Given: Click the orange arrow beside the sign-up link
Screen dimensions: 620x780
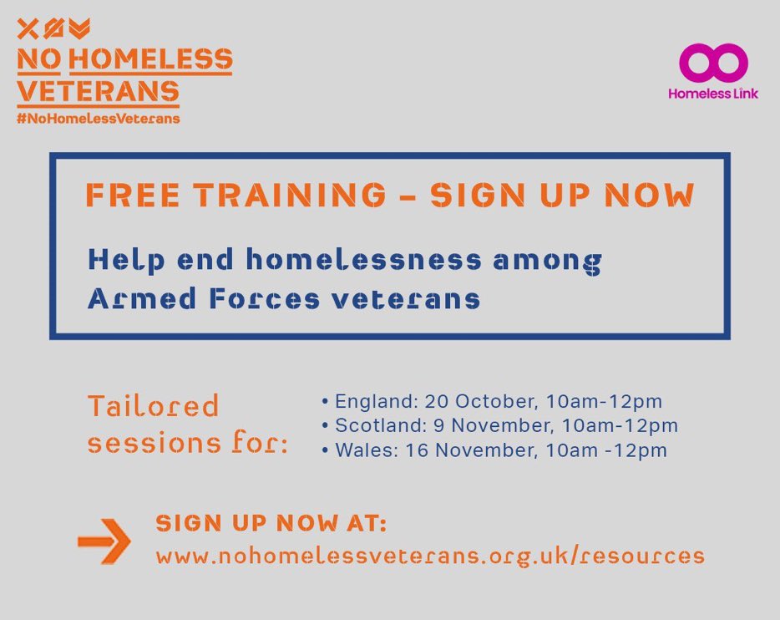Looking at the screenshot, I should [104, 541].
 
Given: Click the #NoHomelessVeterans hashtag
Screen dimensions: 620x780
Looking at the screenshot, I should [99, 119].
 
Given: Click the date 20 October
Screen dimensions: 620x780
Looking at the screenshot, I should [466, 402].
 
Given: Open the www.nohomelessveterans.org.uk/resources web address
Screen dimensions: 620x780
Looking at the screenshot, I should [430, 555].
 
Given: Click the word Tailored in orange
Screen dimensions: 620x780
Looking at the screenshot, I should [153, 407].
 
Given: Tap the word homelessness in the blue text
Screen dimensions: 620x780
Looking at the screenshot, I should [363, 260].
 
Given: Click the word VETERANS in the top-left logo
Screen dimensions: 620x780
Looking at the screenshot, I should [99, 90].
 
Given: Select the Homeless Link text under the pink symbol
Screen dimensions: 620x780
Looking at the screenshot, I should [712, 94].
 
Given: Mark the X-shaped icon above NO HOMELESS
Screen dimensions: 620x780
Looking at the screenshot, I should [28, 30].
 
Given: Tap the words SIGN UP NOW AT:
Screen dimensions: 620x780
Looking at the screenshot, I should [271, 524].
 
